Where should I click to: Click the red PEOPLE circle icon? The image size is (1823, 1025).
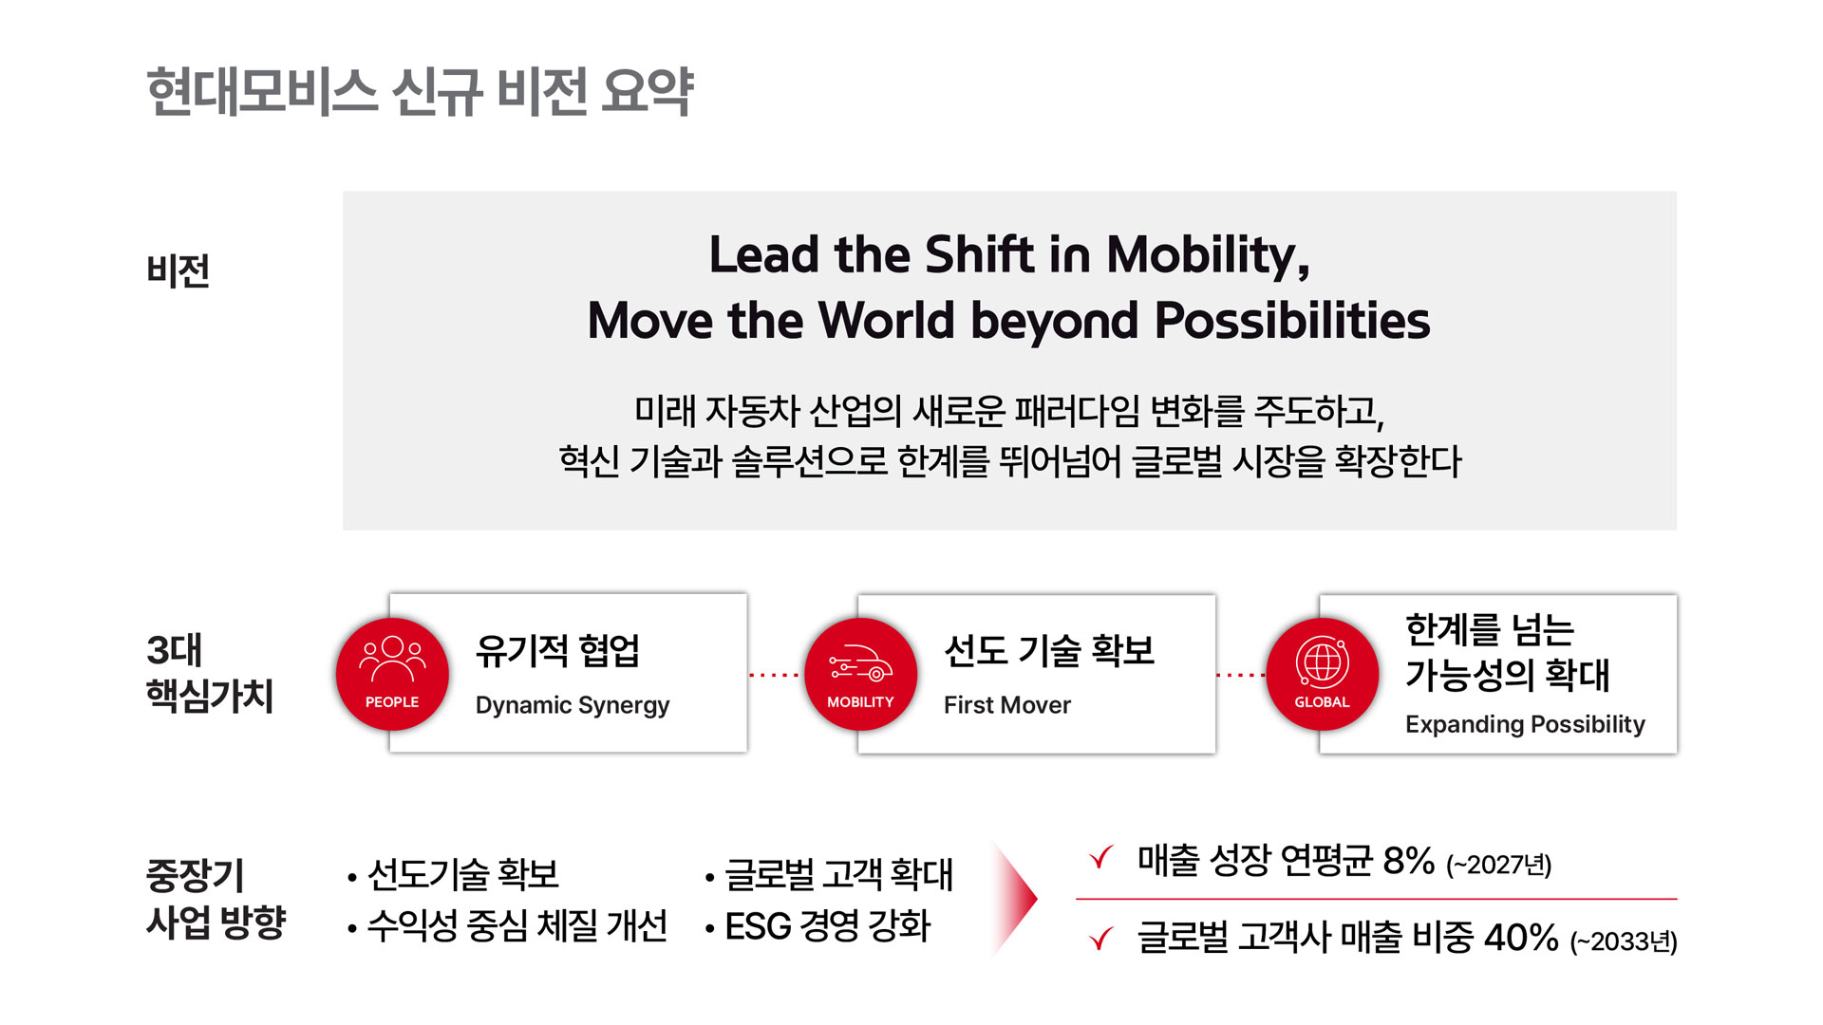[x=392, y=674]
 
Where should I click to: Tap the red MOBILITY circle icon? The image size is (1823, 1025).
[x=860, y=674]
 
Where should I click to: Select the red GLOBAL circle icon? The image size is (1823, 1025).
[x=1322, y=674]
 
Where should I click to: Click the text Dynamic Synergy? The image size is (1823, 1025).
[x=572, y=705]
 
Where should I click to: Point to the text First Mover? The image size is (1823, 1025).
[x=1006, y=705]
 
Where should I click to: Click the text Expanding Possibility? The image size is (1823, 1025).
[x=1525, y=724]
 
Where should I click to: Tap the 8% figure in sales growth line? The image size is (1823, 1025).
[x=1408, y=861]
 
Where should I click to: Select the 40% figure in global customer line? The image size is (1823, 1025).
[x=1520, y=938]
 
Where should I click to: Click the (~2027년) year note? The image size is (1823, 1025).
[x=1498, y=865]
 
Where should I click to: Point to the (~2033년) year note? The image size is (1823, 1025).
[x=1624, y=941]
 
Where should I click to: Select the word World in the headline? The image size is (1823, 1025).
[x=886, y=321]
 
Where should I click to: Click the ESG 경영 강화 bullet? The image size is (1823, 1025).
[x=827, y=926]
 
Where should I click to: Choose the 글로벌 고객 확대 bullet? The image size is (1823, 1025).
[x=838, y=874]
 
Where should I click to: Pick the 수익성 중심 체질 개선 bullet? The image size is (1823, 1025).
[x=517, y=926]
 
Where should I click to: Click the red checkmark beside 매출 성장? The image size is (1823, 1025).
[x=1101, y=858]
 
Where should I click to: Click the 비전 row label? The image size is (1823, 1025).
[x=178, y=271]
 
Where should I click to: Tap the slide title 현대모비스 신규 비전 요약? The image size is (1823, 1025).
[x=420, y=92]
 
